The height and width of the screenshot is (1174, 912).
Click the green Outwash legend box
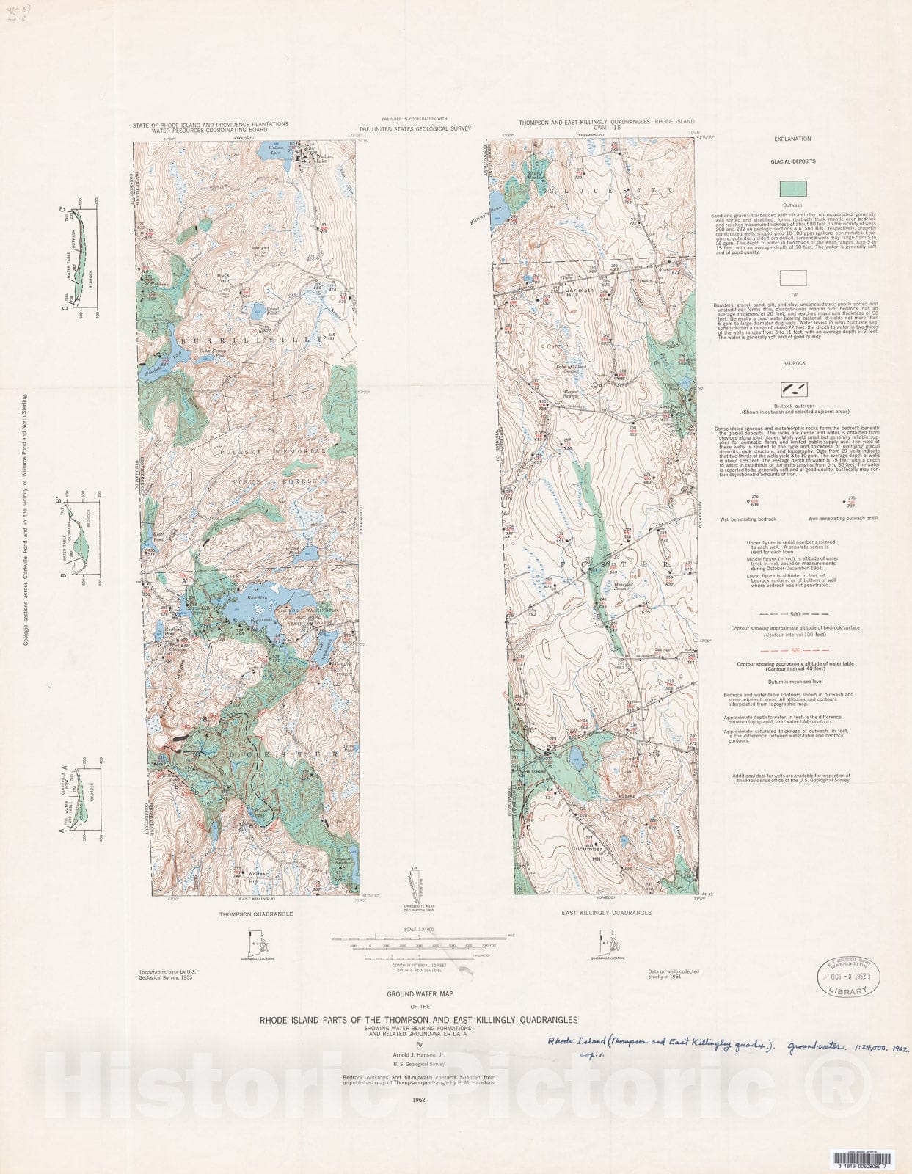tap(793, 189)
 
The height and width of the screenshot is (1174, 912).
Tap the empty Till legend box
tap(793, 278)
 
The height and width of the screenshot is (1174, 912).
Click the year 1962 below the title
tap(419, 1100)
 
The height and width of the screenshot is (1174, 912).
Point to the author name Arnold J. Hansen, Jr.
tap(419, 1054)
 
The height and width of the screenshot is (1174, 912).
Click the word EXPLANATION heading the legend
tap(793, 139)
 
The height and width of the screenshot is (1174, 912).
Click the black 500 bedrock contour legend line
tap(793, 614)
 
